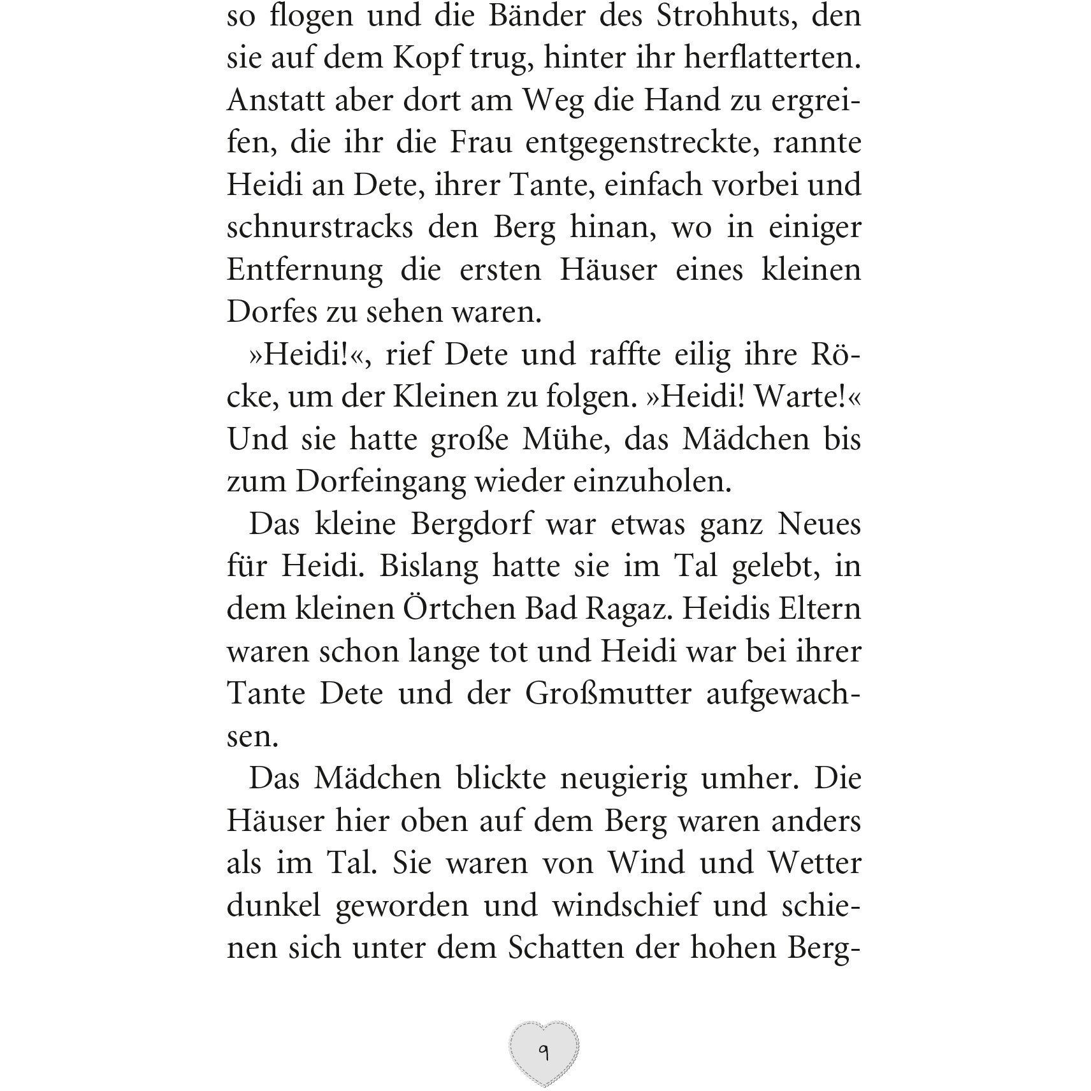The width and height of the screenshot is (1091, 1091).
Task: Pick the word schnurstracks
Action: click(x=320, y=228)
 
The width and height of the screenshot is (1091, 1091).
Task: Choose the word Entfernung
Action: click(x=305, y=270)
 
